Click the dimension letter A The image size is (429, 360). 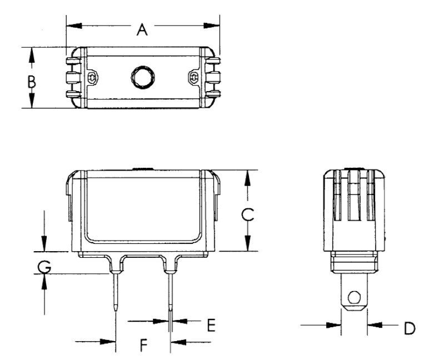pyautogui.click(x=142, y=29)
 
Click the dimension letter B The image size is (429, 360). pyautogui.click(x=32, y=82)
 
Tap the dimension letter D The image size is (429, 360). pyautogui.click(x=409, y=328)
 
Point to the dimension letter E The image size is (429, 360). pyautogui.click(x=211, y=325)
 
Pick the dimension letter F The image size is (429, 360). pyautogui.click(x=143, y=346)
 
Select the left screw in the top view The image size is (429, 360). pyautogui.click(x=92, y=77)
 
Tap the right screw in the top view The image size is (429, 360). pyautogui.click(x=194, y=77)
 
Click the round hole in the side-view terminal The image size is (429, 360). pyautogui.click(x=353, y=296)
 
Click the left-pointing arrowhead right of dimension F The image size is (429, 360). pyautogui.click(x=177, y=341)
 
